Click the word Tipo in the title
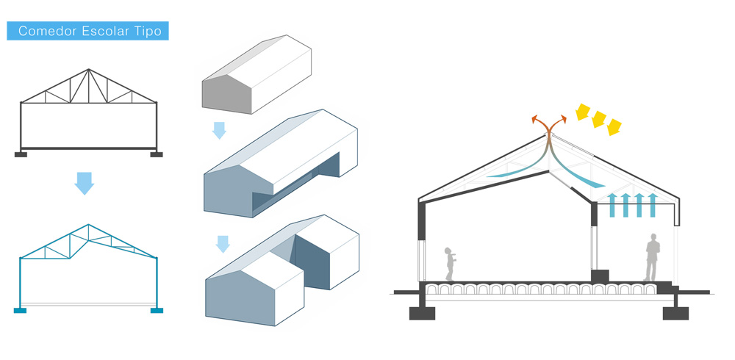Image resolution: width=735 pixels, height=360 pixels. point(148,32)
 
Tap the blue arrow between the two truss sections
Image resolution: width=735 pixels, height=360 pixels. point(85,183)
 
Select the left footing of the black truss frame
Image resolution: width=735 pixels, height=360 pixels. point(21,154)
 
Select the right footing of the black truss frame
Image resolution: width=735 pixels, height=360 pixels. point(156,154)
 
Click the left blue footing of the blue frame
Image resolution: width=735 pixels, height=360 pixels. point(20,310)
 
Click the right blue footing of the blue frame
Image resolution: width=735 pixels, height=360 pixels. point(157,310)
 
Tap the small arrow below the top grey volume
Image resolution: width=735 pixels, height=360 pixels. point(219,130)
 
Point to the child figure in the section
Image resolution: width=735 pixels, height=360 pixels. point(450,264)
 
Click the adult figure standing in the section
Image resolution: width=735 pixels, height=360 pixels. point(652,257)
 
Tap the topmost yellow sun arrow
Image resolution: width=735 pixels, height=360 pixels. point(582,112)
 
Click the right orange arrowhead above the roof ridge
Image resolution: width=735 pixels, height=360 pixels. point(563,119)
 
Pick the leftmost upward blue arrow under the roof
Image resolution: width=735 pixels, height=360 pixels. point(612,205)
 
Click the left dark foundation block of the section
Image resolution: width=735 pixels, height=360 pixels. point(422,313)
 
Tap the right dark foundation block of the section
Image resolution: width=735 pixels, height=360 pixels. point(675,313)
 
